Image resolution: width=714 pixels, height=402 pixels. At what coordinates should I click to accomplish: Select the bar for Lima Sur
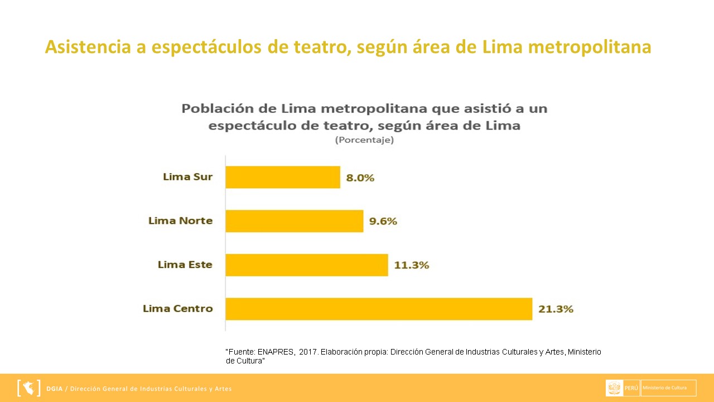coord(283,177)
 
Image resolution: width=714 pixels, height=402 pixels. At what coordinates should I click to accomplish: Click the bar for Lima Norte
coord(295,221)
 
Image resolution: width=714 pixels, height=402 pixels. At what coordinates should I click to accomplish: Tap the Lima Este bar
coord(307,265)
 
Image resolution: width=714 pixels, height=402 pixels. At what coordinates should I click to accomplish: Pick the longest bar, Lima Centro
coord(379,309)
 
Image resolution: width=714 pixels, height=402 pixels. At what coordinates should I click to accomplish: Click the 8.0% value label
coord(360,178)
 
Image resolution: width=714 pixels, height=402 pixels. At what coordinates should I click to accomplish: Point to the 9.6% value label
coord(383,221)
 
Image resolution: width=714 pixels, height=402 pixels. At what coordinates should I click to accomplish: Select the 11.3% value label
coord(412,265)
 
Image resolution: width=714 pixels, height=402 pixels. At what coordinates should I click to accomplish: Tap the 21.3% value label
coord(556,309)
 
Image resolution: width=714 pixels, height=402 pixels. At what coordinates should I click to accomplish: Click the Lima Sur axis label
coord(187,177)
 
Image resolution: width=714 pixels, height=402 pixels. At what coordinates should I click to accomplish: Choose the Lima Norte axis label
coord(180,221)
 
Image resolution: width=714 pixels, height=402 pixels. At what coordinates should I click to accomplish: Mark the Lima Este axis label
coord(185,265)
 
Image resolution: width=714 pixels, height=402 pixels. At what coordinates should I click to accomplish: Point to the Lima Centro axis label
coord(177,308)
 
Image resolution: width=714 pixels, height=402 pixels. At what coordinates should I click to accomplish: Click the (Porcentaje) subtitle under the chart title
coord(364,140)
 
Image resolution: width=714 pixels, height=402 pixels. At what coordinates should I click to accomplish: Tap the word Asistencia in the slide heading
coord(88,47)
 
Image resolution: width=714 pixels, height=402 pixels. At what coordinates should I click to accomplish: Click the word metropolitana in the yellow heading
coord(589,47)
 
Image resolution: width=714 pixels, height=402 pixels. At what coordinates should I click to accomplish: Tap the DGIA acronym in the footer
coord(55,389)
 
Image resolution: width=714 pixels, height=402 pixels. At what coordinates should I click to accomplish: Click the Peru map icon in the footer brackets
coord(29,387)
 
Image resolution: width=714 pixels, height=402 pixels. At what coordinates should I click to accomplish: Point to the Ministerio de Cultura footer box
coord(668,387)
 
